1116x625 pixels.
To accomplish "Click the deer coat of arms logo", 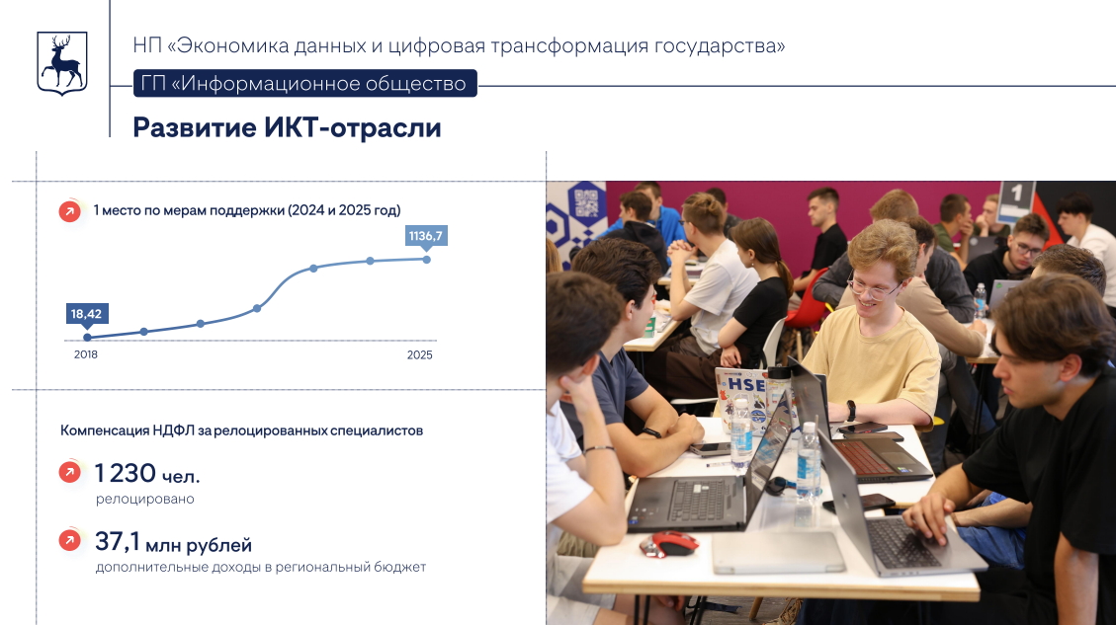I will click(61, 63).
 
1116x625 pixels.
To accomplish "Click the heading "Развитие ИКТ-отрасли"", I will click(287, 128).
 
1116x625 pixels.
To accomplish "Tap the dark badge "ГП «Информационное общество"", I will click(304, 84).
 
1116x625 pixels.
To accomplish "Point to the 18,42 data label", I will click(86, 314).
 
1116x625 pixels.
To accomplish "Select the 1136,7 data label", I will click(427, 236).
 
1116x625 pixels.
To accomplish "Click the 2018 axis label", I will click(86, 354).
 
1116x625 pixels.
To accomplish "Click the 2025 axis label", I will click(420, 354).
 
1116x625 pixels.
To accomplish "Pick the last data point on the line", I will click(427, 260).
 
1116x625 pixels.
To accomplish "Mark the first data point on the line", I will click(87, 338).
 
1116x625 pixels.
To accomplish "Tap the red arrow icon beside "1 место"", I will click(69, 210).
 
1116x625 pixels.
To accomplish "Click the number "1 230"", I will click(127, 474).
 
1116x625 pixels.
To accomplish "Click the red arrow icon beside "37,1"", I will click(69, 541).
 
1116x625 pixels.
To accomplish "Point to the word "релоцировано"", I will click(144, 499).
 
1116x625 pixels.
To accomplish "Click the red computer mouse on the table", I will click(671, 543).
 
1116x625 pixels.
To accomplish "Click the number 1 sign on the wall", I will click(1015, 196).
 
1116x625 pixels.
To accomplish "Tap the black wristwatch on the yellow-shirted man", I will click(849, 409).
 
